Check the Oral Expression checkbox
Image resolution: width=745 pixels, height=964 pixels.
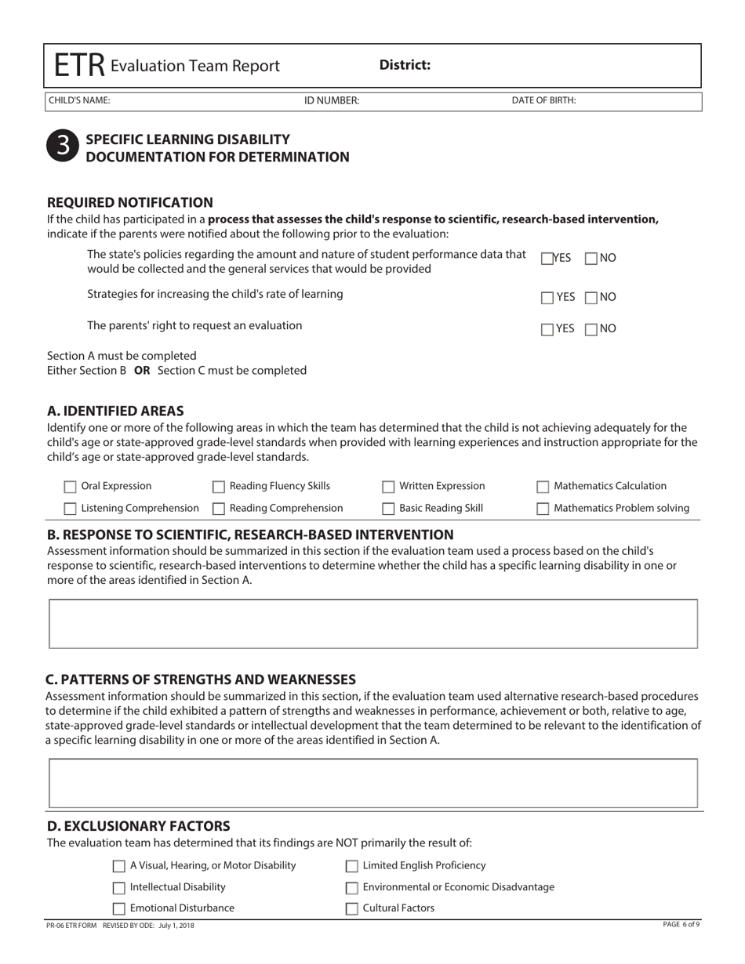pos(71,487)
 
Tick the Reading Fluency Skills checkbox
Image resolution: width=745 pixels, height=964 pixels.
pos(220,487)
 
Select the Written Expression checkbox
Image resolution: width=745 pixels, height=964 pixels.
pos(388,487)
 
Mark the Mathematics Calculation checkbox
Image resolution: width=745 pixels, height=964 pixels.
pos(543,487)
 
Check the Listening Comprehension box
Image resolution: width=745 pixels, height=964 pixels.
pos(71,509)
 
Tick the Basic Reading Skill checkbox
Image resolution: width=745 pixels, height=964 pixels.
pos(388,509)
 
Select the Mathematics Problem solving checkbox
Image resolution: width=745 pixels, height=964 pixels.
pos(543,509)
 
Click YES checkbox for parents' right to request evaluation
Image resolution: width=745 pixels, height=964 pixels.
pos(547,329)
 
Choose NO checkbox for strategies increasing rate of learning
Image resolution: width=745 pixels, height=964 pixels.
pos(592,298)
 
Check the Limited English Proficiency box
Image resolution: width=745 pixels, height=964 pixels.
pos(353,866)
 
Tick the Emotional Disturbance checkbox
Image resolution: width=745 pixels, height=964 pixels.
pos(119,909)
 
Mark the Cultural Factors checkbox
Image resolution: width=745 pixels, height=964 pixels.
pos(353,909)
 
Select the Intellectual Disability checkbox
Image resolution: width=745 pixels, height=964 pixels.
pos(119,888)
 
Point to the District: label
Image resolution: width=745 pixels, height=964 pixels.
pos(405,65)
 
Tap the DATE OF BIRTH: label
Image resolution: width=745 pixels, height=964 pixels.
pos(543,100)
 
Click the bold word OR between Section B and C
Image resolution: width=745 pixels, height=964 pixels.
pos(142,370)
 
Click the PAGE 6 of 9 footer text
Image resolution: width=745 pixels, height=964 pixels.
pos(681,925)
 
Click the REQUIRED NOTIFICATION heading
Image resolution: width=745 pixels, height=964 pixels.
pos(130,202)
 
